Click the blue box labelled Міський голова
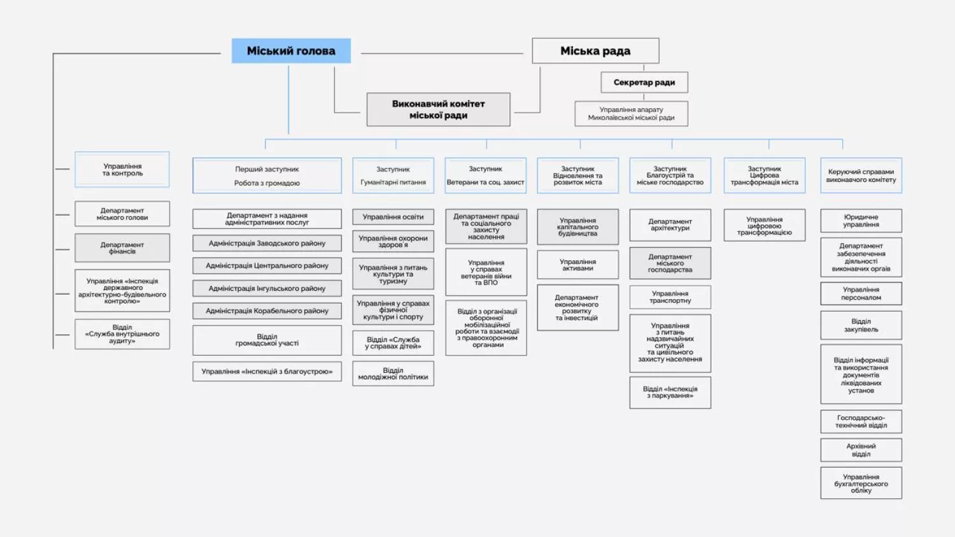pyautogui.click(x=291, y=51)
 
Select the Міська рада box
pyautogui.click(x=595, y=51)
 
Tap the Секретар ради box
pyautogui.click(x=644, y=82)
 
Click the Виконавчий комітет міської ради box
pyautogui.click(x=438, y=109)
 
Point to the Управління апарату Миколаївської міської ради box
pyautogui.click(x=631, y=113)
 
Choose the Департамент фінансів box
pyautogui.click(x=122, y=248)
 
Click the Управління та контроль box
pyautogui.click(x=122, y=170)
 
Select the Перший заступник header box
pyautogui.click(x=267, y=176)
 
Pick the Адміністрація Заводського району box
pyautogui.click(x=267, y=243)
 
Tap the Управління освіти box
pyautogui.click(x=393, y=217)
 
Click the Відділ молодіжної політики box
pyautogui.click(x=393, y=373)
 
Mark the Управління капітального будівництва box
pyautogui.click(x=577, y=227)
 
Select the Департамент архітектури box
pyautogui.click(x=670, y=225)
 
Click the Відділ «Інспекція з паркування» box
pyautogui.click(x=670, y=393)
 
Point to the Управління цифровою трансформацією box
pyautogui.click(x=764, y=225)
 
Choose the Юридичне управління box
pyautogui.click(x=861, y=221)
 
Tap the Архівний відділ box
pyautogui.click(x=861, y=450)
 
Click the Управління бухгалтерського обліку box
pyautogui.click(x=861, y=483)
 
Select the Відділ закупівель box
pyautogui.click(x=861, y=325)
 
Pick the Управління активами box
pyautogui.click(x=577, y=265)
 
